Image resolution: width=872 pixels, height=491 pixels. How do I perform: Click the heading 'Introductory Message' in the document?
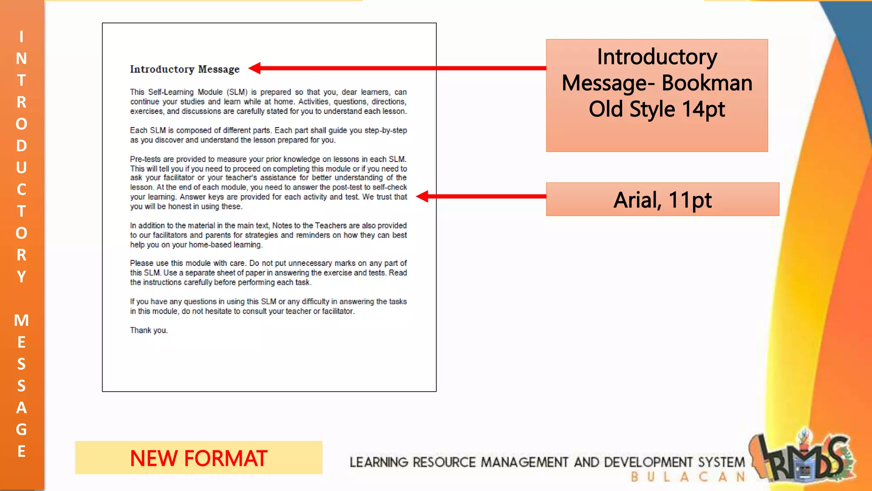point(184,69)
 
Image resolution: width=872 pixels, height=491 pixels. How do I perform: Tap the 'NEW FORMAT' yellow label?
point(198,458)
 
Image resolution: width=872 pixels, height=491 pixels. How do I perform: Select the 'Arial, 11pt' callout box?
point(662,199)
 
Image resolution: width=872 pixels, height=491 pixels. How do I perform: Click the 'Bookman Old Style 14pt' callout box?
point(657,95)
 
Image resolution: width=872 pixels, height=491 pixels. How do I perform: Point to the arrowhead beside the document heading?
point(255,68)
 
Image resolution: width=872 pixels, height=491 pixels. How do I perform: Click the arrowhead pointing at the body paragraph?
point(422,196)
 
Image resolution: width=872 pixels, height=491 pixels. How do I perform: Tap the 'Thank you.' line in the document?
point(149,330)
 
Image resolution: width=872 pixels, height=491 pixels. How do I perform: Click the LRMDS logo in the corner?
point(805,458)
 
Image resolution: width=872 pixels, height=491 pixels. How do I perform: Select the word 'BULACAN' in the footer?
point(688,477)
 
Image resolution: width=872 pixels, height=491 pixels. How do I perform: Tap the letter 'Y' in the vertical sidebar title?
point(21,277)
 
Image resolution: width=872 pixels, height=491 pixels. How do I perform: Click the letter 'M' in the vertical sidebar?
point(21,320)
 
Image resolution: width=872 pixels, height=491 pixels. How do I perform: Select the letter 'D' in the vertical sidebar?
point(21,146)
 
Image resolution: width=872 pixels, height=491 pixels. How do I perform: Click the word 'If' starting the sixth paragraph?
point(132,302)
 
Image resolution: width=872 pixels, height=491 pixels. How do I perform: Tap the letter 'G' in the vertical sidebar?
point(21,429)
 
